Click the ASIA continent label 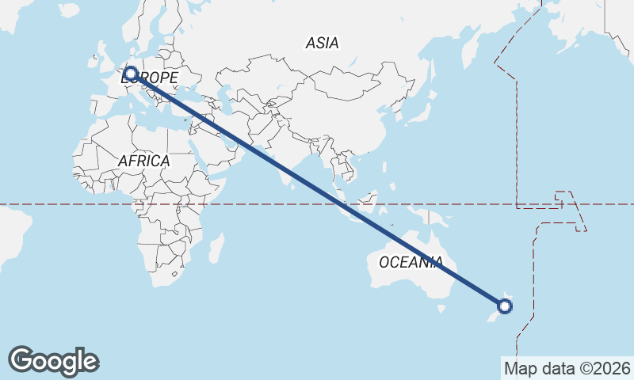coord(322,44)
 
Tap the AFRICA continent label coord(143,161)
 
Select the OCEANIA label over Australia coord(411,262)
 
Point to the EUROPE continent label coord(151,78)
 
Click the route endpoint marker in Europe coord(131,74)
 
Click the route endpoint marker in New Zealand coord(505,306)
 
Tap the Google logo coord(53,361)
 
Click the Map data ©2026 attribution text coord(567,368)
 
